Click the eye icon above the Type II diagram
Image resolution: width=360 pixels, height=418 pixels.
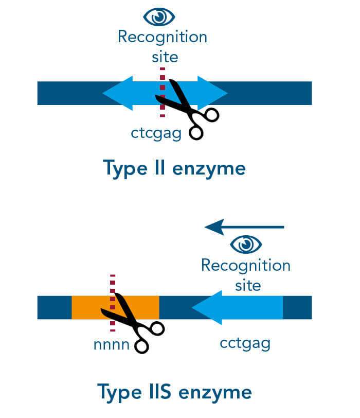(161, 18)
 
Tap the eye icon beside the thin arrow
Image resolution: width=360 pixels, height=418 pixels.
(246, 243)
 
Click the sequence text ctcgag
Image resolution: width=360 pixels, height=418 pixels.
(156, 133)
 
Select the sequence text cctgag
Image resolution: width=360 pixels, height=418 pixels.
(245, 343)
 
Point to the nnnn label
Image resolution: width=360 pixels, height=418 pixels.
(111, 344)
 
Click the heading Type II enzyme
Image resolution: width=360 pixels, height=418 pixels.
(174, 168)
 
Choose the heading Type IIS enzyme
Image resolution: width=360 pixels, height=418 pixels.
(174, 392)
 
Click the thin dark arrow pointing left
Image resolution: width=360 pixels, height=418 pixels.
(244, 227)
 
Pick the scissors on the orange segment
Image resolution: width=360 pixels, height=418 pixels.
(132, 322)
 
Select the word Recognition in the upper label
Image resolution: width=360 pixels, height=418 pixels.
(162, 38)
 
